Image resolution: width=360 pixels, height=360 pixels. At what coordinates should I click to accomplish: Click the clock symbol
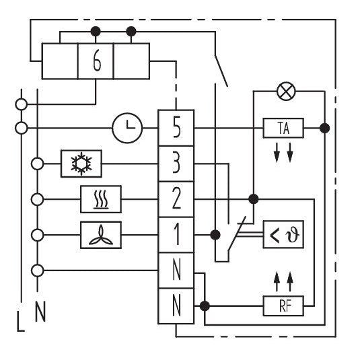point(127,128)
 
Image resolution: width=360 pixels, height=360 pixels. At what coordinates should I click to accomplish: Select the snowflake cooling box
point(81,164)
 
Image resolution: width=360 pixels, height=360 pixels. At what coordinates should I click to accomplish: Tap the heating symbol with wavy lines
point(101,199)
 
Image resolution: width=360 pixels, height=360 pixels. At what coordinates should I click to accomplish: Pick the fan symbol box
point(101,235)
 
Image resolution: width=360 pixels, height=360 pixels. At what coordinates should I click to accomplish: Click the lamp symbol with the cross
point(286,91)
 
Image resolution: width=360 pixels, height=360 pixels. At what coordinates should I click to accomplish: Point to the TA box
point(283,128)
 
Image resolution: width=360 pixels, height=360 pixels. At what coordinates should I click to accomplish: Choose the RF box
point(283,305)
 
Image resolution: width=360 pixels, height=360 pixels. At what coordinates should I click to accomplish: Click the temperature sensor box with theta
point(283,234)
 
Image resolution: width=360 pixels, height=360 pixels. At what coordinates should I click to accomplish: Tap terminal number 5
point(176,128)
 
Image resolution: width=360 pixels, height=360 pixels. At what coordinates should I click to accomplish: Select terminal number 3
point(176,164)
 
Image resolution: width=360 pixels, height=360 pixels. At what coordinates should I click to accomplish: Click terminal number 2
point(176,199)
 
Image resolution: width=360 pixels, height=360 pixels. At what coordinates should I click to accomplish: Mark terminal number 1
point(176,235)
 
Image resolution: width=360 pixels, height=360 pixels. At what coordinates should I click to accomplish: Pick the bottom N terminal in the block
point(176,305)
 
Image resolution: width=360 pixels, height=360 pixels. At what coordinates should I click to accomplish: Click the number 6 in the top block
point(97,61)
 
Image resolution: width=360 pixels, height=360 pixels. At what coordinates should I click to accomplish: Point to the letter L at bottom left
point(21,321)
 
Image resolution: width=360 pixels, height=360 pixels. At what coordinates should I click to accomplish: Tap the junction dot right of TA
point(324,128)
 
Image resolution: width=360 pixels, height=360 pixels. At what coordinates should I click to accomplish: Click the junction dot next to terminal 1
point(215,235)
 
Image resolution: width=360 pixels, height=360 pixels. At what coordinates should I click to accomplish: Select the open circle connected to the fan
point(37,235)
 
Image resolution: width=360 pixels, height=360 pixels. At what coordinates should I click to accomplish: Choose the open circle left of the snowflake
point(37,164)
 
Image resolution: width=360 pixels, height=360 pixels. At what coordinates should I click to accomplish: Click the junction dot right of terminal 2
point(254,199)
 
